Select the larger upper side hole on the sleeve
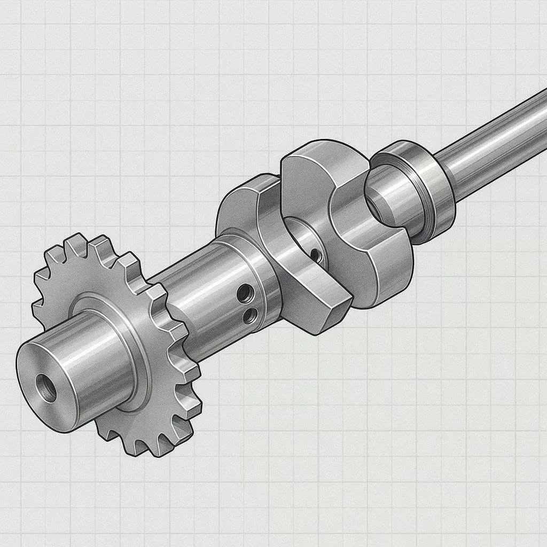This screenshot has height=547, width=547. [x=245, y=292]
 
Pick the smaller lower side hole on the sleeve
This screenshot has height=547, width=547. [x=249, y=317]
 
